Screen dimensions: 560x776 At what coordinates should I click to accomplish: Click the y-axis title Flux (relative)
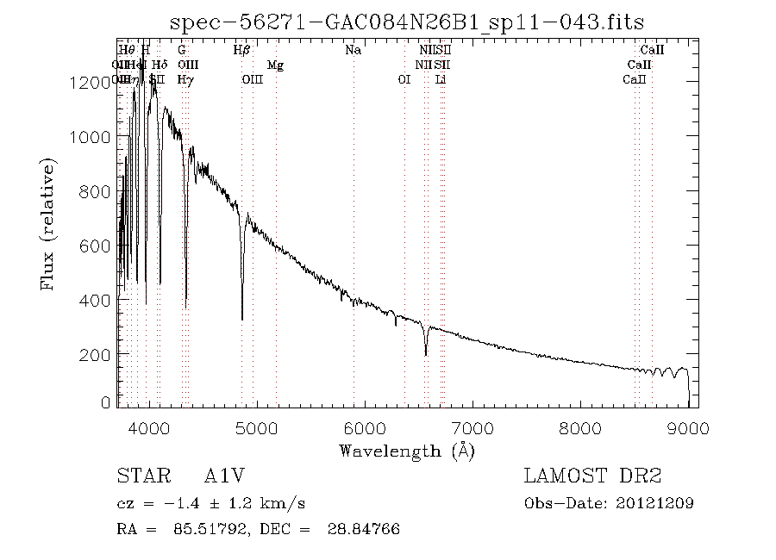48,224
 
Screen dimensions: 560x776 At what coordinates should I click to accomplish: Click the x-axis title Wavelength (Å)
407,451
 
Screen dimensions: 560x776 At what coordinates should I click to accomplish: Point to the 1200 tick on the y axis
91,83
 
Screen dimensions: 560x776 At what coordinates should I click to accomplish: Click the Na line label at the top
353,50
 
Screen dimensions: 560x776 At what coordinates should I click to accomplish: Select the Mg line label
275,65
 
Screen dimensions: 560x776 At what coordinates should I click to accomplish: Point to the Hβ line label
242,50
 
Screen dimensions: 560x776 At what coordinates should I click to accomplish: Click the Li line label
441,79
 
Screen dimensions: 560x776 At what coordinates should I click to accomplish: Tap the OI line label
404,79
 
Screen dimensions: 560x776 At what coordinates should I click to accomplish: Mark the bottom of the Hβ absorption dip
242,320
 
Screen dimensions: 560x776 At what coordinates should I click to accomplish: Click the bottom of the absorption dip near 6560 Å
425,355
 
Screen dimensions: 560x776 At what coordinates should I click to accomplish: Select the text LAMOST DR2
591,476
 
